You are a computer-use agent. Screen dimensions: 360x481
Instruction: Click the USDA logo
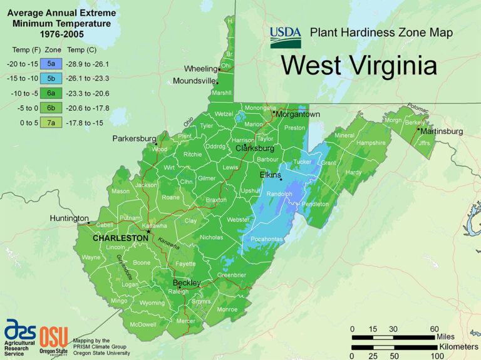click(285, 37)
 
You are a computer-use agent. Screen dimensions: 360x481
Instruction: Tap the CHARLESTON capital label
click(120, 239)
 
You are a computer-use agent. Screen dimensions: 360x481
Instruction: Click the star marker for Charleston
click(149, 232)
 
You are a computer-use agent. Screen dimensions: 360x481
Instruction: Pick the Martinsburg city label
click(442, 131)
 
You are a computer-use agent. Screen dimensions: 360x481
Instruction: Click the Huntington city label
click(69, 219)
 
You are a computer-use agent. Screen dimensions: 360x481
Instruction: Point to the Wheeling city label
click(200, 68)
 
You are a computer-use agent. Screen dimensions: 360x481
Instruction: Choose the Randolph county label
click(279, 194)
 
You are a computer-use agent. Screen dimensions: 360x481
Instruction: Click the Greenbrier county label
click(231, 275)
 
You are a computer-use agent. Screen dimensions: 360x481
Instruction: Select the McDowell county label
click(143, 324)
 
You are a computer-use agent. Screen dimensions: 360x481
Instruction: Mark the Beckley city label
click(187, 283)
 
